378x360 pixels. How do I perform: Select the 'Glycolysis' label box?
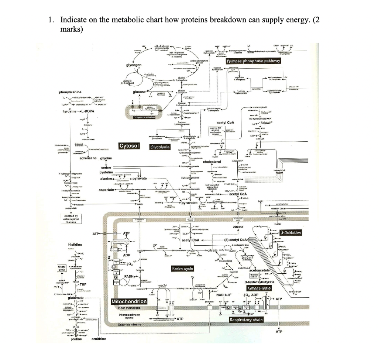[x=159, y=147]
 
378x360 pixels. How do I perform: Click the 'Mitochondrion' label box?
[x=129, y=302]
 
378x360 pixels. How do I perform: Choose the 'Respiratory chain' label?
[x=246, y=319]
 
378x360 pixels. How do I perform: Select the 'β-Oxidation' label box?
[x=291, y=233]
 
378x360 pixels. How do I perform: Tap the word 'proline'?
[x=76, y=339]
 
